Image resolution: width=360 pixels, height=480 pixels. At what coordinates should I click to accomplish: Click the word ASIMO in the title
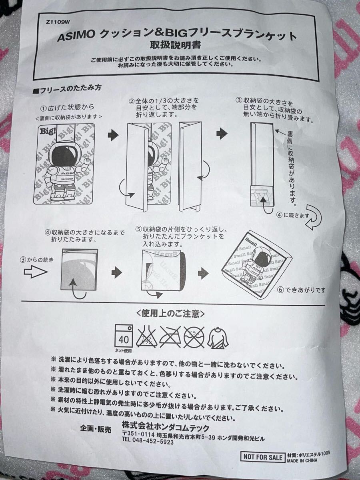pos(76,36)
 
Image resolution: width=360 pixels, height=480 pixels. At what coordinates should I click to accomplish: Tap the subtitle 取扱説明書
pos(175,46)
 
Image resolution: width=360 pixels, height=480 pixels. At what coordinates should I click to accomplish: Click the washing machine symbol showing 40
pos(124,336)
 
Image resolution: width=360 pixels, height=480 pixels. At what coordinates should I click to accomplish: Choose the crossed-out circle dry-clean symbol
pos(194,337)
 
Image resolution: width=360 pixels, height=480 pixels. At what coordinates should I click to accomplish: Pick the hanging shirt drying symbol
pos(218,338)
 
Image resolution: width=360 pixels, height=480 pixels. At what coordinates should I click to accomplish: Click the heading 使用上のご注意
pos(170,314)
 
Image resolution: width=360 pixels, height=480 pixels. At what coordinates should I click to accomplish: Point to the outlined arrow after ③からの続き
pos(35,272)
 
